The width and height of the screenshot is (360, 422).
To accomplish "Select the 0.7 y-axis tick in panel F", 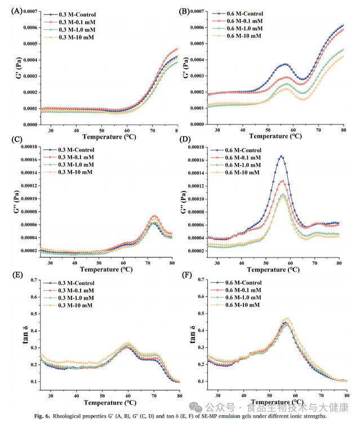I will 198,280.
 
